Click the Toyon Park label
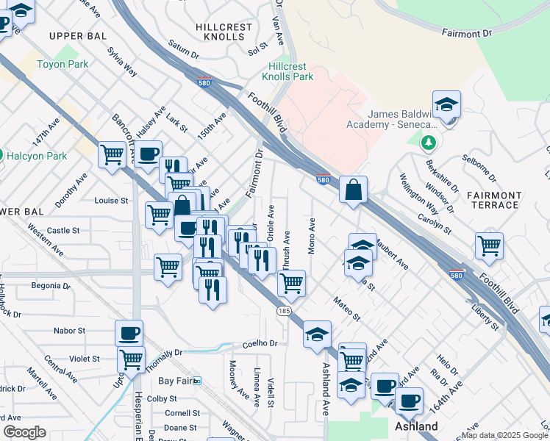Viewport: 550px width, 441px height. coord(63,64)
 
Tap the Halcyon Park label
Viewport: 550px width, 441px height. coord(37,156)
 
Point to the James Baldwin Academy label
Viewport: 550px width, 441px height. coord(402,119)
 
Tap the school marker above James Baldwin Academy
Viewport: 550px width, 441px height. coord(446,105)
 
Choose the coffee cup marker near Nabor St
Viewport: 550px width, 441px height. coord(129,333)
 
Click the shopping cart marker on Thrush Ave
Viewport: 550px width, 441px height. coord(293,283)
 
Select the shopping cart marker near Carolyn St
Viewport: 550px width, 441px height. coord(489,245)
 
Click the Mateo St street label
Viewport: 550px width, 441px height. coord(346,309)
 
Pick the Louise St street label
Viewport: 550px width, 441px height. coord(112,200)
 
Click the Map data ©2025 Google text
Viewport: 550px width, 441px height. coord(504,435)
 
